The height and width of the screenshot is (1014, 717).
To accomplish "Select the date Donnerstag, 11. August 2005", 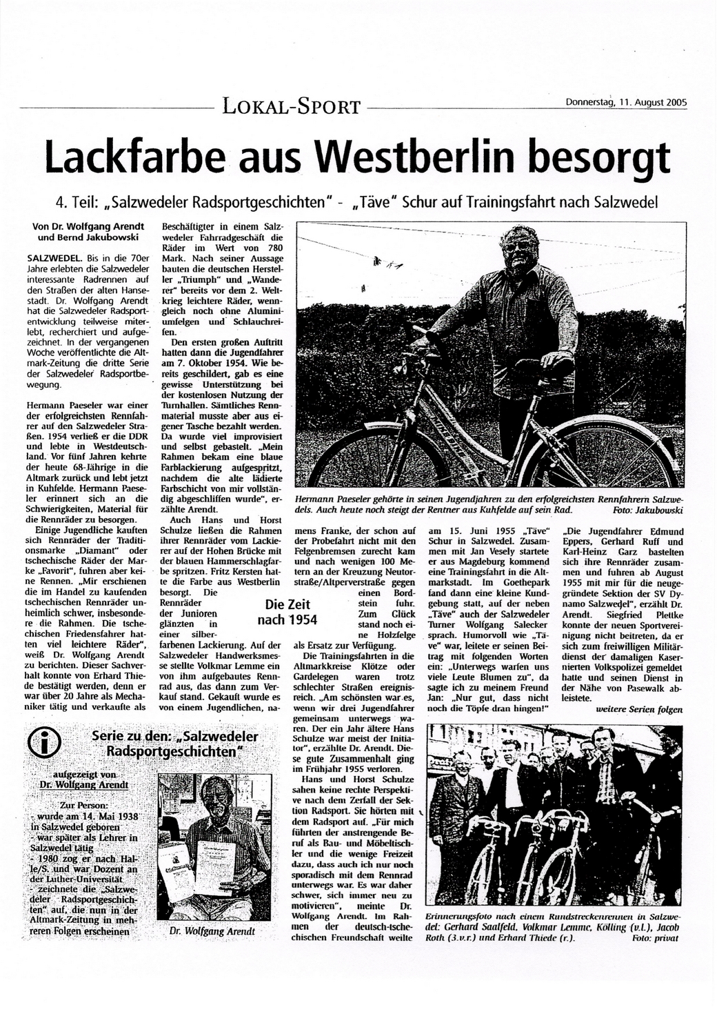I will click(626, 103).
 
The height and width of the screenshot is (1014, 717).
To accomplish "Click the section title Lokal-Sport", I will click(290, 106).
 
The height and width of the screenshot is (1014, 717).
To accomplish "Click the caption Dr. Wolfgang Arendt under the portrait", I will click(212, 931).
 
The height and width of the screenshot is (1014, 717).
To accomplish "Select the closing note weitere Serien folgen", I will click(639, 709).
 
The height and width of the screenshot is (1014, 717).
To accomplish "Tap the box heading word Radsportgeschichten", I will click(175, 750).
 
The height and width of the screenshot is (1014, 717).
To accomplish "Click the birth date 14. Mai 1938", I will click(111, 815).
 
